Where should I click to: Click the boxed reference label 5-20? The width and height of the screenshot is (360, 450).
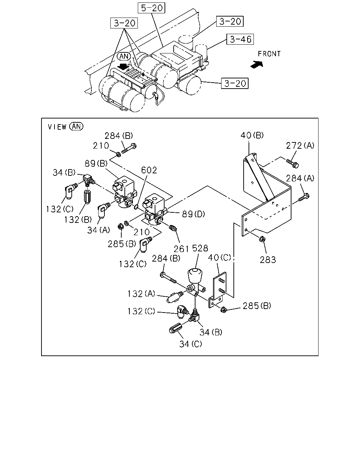pyautogui.click(x=152, y=8)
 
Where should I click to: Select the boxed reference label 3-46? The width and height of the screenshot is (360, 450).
pyautogui.click(x=240, y=39)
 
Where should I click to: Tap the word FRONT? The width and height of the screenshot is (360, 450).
pyautogui.click(x=269, y=54)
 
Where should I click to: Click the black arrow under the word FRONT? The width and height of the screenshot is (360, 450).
pyautogui.click(x=257, y=64)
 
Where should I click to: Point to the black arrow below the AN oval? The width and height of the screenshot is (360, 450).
pyautogui.click(x=123, y=67)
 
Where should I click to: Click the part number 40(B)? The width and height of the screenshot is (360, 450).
pyautogui.click(x=252, y=135)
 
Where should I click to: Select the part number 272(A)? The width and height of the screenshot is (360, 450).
pyautogui.click(x=300, y=145)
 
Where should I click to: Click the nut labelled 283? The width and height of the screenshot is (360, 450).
pyautogui.click(x=262, y=239)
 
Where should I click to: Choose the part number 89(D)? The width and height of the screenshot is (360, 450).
pyautogui.click(x=193, y=214)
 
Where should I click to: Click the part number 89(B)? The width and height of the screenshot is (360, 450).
pyautogui.click(x=96, y=163)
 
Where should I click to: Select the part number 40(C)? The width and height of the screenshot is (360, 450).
pyautogui.click(x=219, y=258)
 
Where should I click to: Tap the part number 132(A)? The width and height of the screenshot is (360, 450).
pyautogui.click(x=141, y=294)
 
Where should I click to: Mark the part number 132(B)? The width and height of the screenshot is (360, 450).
pyautogui.click(x=78, y=220)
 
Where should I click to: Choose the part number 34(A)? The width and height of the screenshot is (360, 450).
pyautogui.click(x=98, y=230)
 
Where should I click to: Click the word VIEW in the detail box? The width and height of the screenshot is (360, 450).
pyautogui.click(x=57, y=127)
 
